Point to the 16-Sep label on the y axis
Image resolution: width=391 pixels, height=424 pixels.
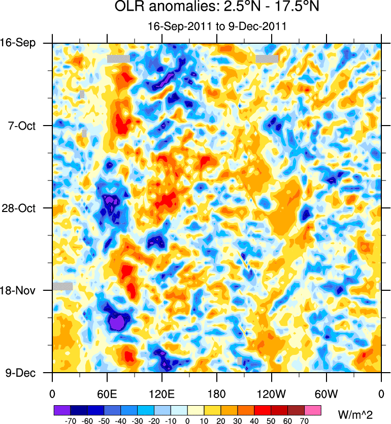pos(20,43)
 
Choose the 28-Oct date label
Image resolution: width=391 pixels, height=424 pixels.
pos(20,208)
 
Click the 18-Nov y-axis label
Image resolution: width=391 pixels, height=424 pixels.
pos(20,291)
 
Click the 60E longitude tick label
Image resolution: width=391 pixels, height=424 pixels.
pos(107,393)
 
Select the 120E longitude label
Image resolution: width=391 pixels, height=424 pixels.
pos(162,393)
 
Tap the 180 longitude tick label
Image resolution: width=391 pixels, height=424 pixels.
pos(217,393)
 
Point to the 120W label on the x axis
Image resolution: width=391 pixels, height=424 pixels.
pos(272,393)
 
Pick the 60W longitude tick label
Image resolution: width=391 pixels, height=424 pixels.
pos(327,393)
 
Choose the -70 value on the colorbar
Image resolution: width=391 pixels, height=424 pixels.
pos(71,421)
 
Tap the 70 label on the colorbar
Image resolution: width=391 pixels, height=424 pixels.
pos(305,421)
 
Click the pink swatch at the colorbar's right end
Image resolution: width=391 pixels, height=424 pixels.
pos(313,410)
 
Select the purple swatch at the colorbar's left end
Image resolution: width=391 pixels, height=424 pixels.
pos(62,410)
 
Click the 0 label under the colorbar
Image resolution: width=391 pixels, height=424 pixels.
pos(187,421)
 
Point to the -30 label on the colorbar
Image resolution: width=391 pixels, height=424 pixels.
pos(137,421)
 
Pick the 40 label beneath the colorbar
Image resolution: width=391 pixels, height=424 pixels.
pos(254,421)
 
